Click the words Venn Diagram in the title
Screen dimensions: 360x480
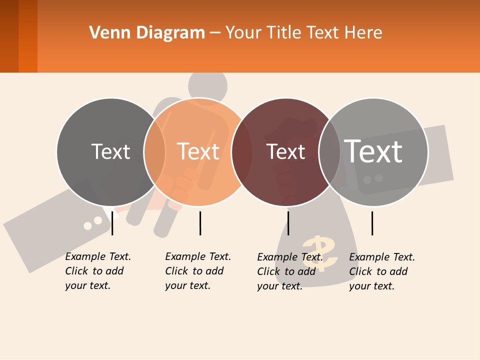pos(147,33)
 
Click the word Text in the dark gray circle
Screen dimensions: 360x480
pos(110,151)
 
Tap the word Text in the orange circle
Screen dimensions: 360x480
pos(198,151)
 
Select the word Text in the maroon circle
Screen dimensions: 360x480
pos(285,152)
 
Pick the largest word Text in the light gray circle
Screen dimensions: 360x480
pos(373,151)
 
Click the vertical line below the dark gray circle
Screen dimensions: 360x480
pos(112,223)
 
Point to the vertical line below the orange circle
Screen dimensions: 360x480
pos(200,223)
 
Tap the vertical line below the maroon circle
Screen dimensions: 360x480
pos(288,223)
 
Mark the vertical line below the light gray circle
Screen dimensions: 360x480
pos(372,223)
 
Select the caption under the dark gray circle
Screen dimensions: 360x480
pos(98,271)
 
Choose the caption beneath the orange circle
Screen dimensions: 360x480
pos(198,271)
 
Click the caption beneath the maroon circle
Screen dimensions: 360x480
pos(290,271)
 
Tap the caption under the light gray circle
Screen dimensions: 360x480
pos(382,271)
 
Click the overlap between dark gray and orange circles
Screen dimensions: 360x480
pos(154,152)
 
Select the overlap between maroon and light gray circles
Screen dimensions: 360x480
pos(329,152)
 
